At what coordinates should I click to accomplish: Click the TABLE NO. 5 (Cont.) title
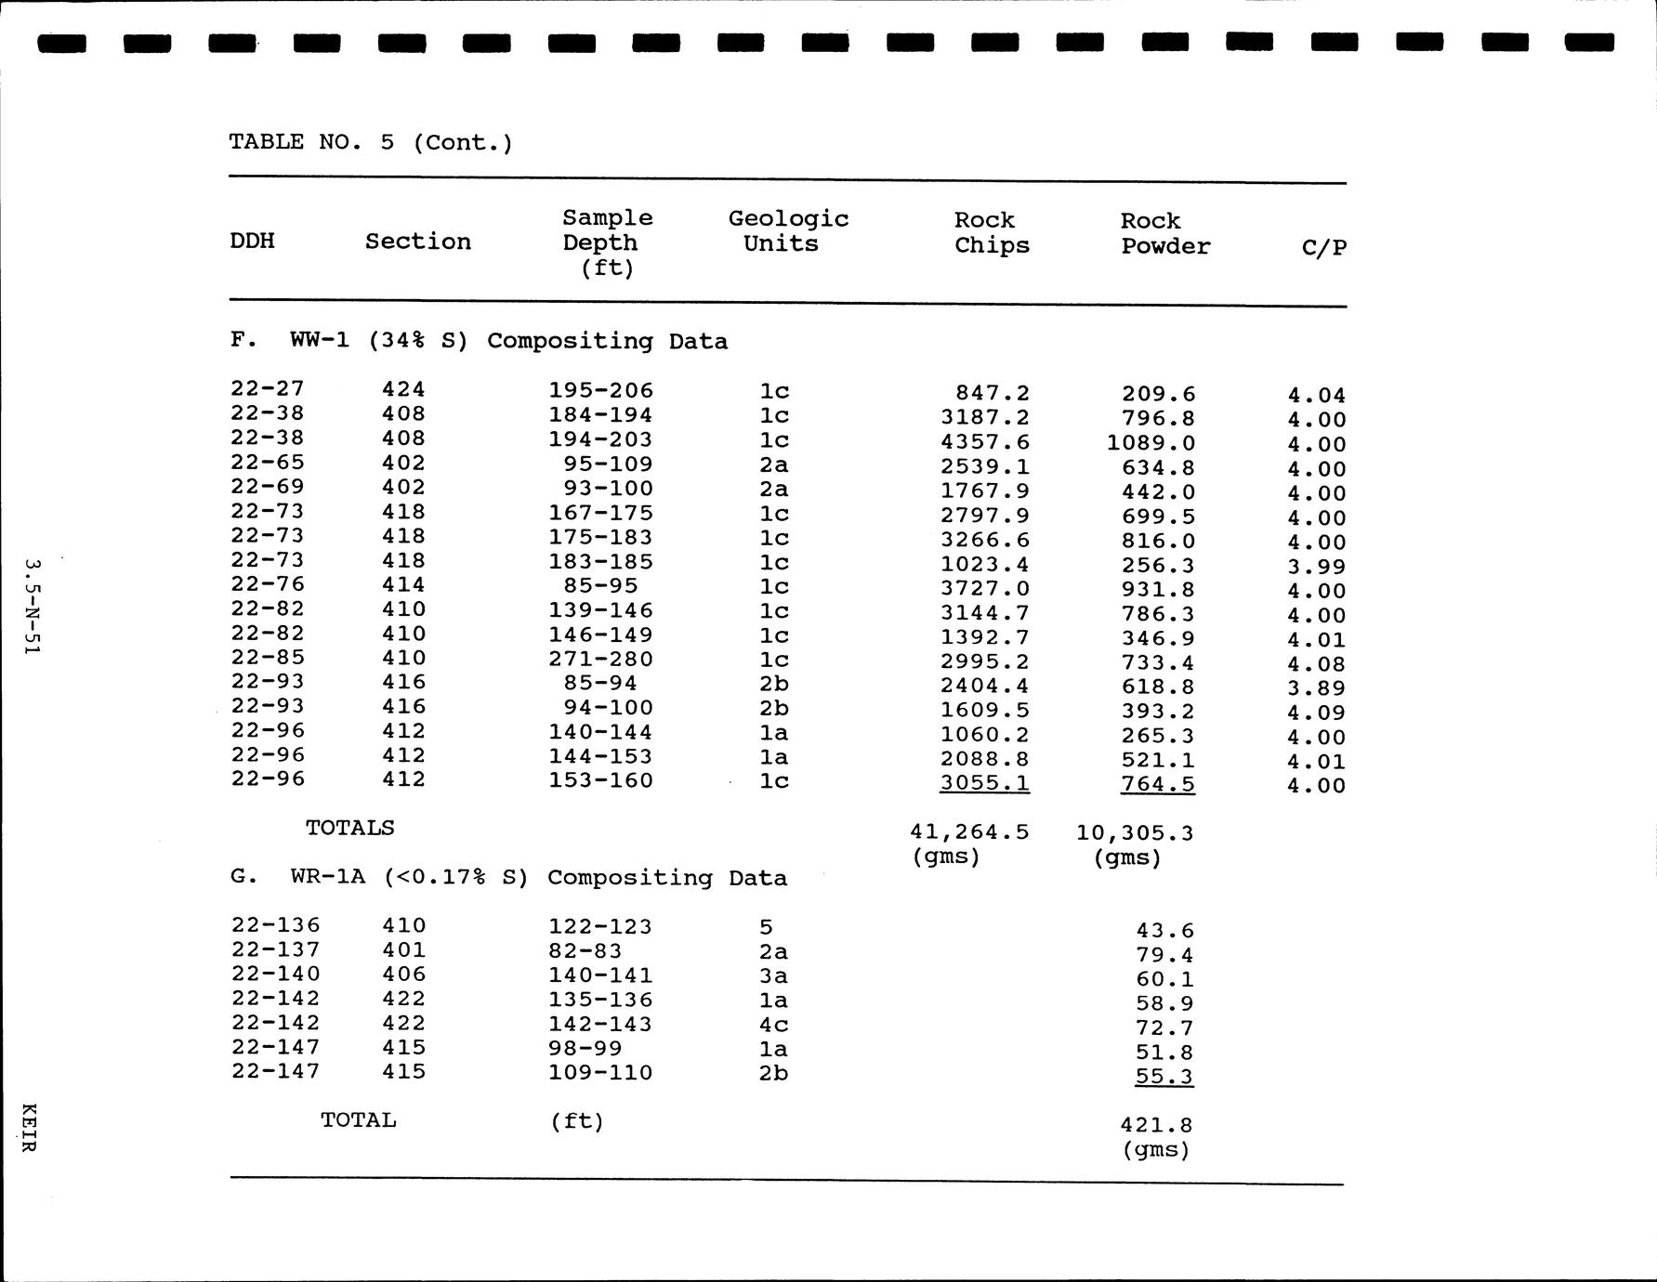[x=370, y=142]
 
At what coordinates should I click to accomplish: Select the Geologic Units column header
[x=788, y=231]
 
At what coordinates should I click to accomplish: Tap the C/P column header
[x=1323, y=247]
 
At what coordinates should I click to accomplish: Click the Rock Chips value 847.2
[x=992, y=394]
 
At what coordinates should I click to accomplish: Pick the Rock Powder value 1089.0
[x=1151, y=443]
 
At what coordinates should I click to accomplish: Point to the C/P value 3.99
[x=1316, y=567]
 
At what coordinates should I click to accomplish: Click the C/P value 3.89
[x=1316, y=688]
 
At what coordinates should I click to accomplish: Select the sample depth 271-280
[x=600, y=660]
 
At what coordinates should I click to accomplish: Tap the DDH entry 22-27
[x=268, y=389]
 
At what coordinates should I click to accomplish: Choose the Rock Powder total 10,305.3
[x=1134, y=832]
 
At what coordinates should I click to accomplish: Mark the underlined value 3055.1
[x=984, y=783]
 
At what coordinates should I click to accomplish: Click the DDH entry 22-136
[x=275, y=926]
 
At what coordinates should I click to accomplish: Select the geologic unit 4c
[x=773, y=1024]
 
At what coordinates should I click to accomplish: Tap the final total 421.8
[x=1155, y=1125]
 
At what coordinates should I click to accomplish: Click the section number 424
[x=403, y=390]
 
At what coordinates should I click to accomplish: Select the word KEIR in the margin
[x=30, y=1128]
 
